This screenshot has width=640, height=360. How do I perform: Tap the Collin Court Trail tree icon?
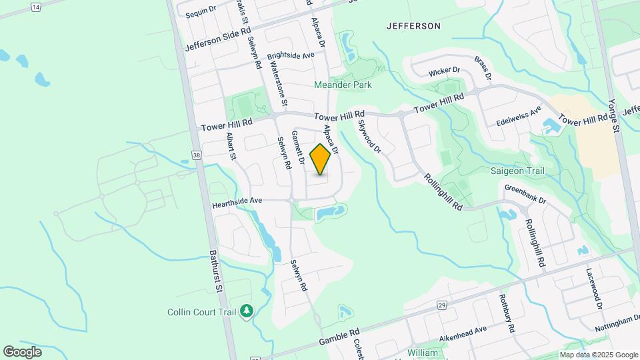(x=247, y=311)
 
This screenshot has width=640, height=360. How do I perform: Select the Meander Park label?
(x=343, y=85)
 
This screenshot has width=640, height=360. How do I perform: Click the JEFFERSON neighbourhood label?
(x=413, y=26)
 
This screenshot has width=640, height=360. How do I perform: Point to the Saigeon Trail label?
(x=517, y=171)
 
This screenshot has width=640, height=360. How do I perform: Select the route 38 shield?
(x=196, y=155)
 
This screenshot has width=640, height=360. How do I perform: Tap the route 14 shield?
(x=35, y=6)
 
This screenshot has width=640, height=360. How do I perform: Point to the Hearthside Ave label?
(x=237, y=200)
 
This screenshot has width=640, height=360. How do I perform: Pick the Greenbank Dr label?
(x=525, y=194)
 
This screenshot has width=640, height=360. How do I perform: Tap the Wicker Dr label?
(x=445, y=70)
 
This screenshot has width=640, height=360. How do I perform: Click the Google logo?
(x=22, y=351)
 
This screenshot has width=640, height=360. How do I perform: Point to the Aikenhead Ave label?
(x=462, y=330)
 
